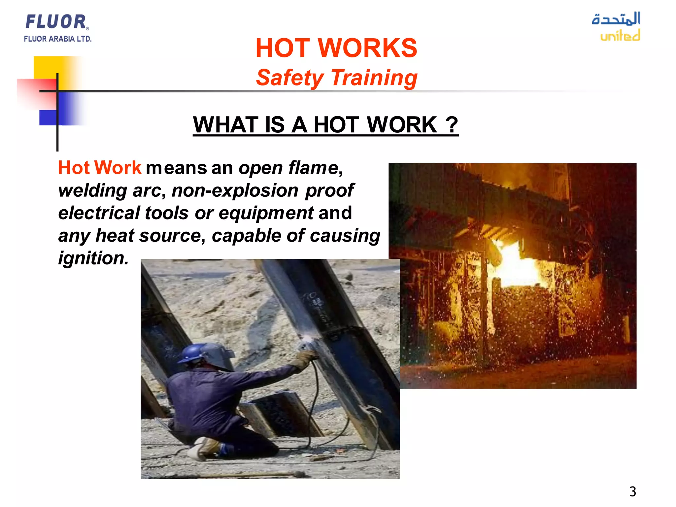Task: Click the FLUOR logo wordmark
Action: coord(56,22)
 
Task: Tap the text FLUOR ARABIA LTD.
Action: coord(57,39)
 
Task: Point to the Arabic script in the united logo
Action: coord(616,19)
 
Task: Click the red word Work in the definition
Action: coord(118,168)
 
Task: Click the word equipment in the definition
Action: coord(266,213)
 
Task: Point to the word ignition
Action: coord(93,258)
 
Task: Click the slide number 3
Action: coord(632,491)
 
